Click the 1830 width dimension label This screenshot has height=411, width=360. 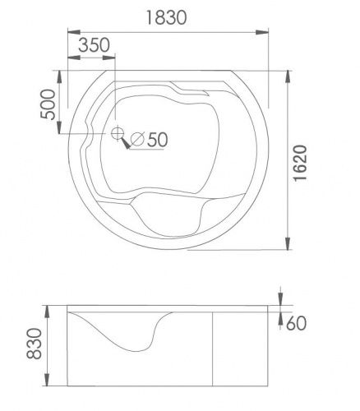(x=166, y=17)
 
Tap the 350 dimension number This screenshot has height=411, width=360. (x=94, y=45)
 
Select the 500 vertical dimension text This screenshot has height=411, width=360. (x=48, y=104)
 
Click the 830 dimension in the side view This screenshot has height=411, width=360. (x=35, y=344)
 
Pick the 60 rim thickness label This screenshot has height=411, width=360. (x=296, y=323)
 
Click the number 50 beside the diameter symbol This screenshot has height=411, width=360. (x=158, y=140)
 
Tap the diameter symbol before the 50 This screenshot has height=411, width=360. (x=137, y=139)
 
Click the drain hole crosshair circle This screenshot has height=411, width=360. (x=118, y=133)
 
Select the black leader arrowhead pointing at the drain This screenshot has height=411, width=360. (x=126, y=143)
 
